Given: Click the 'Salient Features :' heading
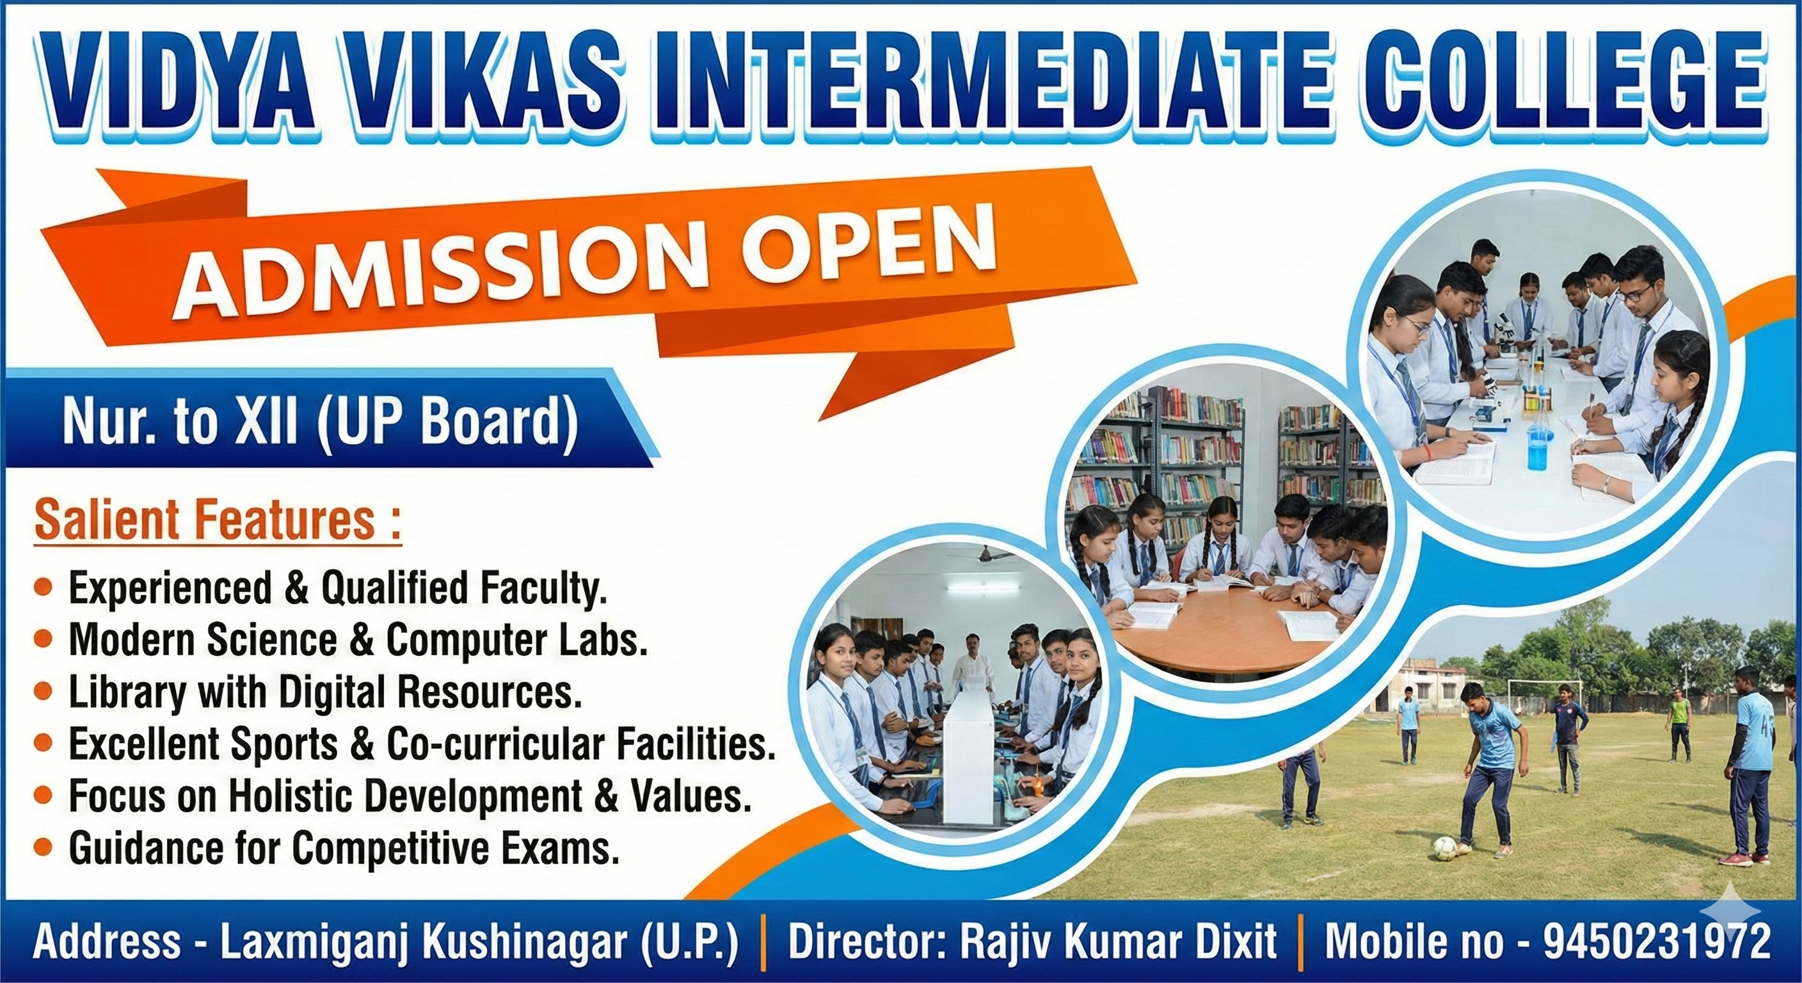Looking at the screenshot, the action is click(x=218, y=520).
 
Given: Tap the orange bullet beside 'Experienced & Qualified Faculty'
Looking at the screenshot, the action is click(x=44, y=587).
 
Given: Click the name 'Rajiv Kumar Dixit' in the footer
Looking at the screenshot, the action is click(x=1118, y=941).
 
